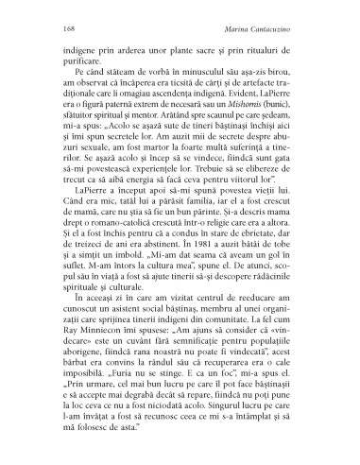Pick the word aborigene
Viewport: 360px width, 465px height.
pyautogui.click(x=84, y=401)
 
